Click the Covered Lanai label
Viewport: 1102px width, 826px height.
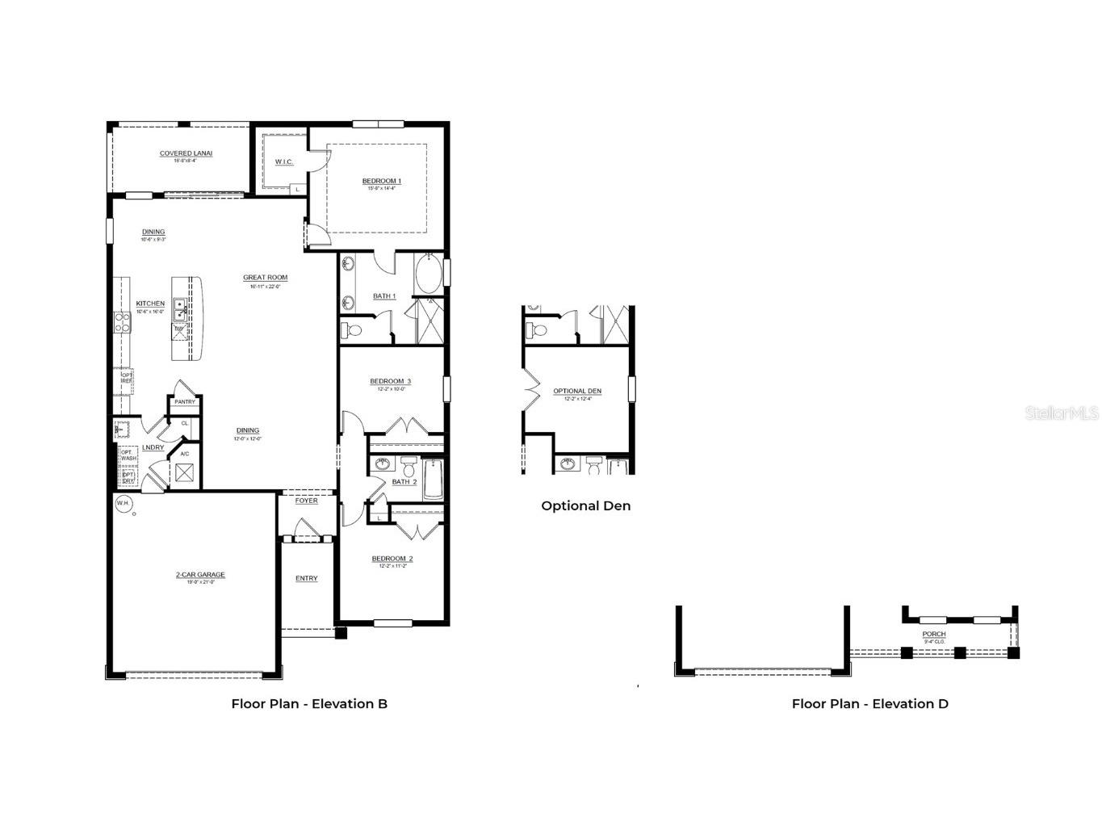click(x=186, y=153)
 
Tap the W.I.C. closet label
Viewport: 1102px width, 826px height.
click(x=284, y=162)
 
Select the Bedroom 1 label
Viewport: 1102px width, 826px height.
click(x=382, y=181)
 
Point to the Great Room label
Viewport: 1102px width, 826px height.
click(x=265, y=278)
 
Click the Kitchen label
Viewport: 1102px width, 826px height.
click(x=150, y=304)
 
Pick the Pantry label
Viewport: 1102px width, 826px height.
click(x=185, y=402)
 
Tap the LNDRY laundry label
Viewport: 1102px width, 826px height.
click(x=153, y=447)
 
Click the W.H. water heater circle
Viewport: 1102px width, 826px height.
click(x=123, y=504)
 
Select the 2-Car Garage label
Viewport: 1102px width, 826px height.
click(x=200, y=575)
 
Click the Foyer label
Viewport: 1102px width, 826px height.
click(x=306, y=501)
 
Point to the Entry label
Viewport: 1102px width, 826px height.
click(x=306, y=578)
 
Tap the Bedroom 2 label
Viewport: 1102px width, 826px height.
click(x=392, y=559)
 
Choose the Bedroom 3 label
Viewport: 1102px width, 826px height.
click(x=391, y=381)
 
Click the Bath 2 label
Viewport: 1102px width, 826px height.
click(x=404, y=482)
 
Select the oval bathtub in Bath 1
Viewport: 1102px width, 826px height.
click(x=429, y=275)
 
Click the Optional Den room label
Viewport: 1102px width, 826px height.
click(x=577, y=392)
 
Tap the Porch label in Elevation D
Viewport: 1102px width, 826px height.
click(x=934, y=634)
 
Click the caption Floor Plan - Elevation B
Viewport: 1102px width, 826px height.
click(x=309, y=703)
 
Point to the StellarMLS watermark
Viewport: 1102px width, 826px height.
click(x=1062, y=413)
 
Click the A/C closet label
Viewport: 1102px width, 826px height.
click(x=185, y=454)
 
